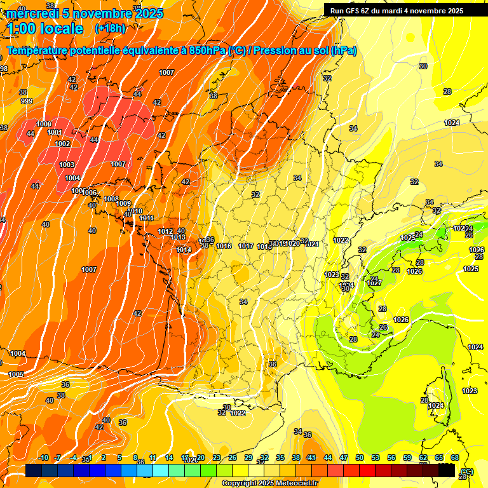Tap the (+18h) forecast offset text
[110, 29]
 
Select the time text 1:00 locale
[45, 29]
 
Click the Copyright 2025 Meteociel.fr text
[269, 484]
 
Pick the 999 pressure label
[26, 101]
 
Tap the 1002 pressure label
[62, 144]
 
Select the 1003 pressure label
[67, 165]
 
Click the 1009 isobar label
[132, 203]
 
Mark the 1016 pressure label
[224, 246]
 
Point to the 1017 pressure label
[247, 246]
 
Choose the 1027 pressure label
[374, 283]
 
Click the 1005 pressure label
[17, 374]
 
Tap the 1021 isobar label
[311, 244]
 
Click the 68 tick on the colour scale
[455, 457]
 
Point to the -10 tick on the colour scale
[44, 457]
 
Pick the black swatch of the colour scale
[447, 470]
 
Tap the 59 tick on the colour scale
[407, 457]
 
